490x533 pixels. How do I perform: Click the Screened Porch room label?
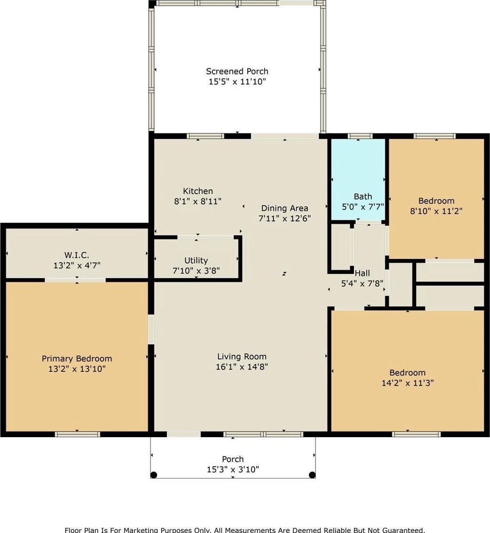(237, 71)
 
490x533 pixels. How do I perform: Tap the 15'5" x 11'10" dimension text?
(237, 82)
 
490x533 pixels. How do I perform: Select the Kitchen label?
(198, 191)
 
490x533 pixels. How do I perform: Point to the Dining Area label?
(284, 208)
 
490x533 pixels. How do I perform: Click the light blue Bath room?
(358, 179)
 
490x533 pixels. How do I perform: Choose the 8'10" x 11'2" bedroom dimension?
(436, 211)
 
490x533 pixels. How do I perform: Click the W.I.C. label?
(77, 255)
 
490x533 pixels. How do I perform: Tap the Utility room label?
(196, 260)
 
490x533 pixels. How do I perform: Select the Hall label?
(362, 273)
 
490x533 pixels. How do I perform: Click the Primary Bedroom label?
(77, 359)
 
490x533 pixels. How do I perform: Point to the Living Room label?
(242, 357)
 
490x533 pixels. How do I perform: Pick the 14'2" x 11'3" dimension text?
(407, 383)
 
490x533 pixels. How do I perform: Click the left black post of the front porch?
(154, 475)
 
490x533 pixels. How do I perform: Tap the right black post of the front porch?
(312, 475)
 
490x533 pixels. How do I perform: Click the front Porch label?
(233, 459)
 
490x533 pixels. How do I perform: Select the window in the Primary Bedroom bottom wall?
(77, 434)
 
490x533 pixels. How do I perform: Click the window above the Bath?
(360, 136)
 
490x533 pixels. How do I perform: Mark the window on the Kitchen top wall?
(205, 136)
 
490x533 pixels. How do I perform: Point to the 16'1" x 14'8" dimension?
(242, 367)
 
